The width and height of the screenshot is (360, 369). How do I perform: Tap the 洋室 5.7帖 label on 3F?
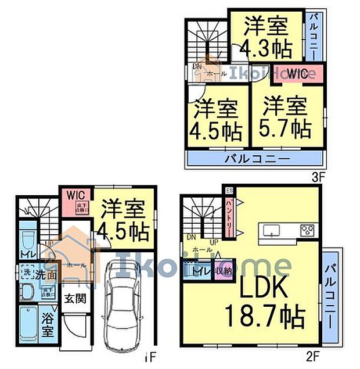tap(285, 117)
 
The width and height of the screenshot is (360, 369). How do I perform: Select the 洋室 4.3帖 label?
tap(266, 38)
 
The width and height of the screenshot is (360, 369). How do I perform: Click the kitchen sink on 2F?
tap(272, 231)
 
